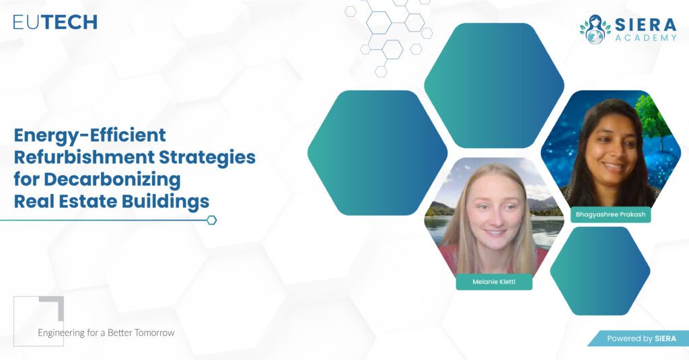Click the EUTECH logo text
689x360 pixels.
(x=55, y=22)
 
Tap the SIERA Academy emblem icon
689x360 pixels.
(x=595, y=30)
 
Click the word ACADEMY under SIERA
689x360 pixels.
(x=645, y=38)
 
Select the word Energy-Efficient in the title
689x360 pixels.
(x=90, y=136)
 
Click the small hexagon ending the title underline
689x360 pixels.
(x=211, y=220)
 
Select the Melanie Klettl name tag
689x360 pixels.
(x=494, y=282)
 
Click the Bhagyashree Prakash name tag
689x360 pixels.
(x=610, y=215)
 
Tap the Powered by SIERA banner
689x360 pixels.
(x=639, y=338)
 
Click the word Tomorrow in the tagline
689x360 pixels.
(x=154, y=332)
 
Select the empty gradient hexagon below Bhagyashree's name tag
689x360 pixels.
(x=600, y=271)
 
